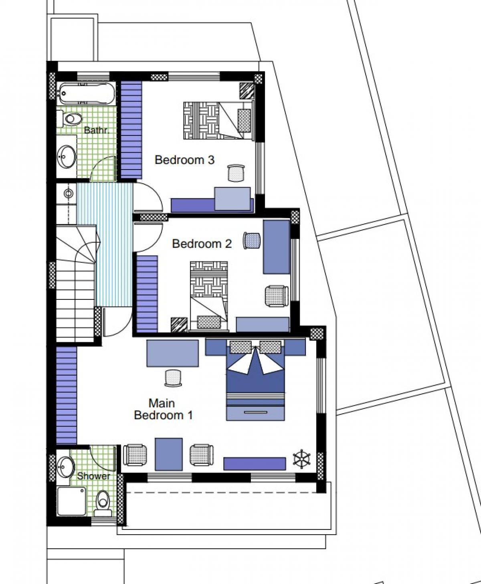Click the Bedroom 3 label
[x=184, y=160]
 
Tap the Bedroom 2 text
[x=202, y=244]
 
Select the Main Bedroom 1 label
[x=163, y=409]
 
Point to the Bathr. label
[x=96, y=130]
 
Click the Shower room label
[x=93, y=476]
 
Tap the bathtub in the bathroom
[x=87, y=93]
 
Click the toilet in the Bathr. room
[x=70, y=119]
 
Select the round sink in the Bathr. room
[x=67, y=156]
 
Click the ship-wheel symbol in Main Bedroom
[x=302, y=459]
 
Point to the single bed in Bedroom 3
[x=218, y=120]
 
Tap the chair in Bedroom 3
[x=236, y=173]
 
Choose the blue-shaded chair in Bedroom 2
[x=252, y=240]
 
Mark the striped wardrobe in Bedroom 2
[x=147, y=294]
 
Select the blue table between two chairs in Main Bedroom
[x=169, y=454]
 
